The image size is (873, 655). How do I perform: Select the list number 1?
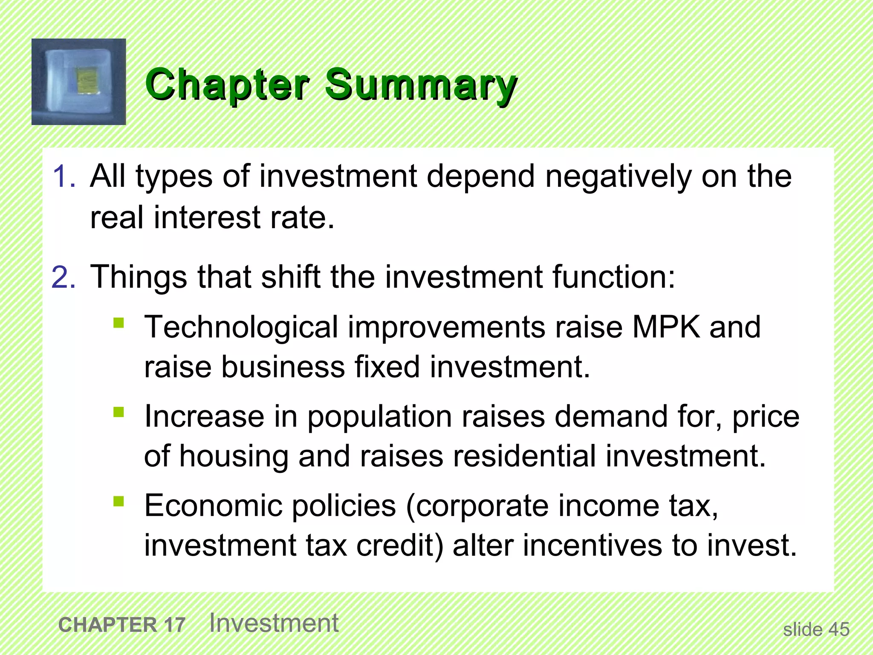click(64, 176)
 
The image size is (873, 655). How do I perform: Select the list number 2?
click(64, 277)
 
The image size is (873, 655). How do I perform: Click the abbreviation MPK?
click(666, 327)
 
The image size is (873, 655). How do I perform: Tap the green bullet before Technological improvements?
click(119, 323)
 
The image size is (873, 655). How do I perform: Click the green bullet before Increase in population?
click(119, 412)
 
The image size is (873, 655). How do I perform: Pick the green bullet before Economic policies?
click(119, 501)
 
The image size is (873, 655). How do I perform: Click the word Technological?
click(241, 327)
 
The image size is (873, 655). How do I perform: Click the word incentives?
click(593, 546)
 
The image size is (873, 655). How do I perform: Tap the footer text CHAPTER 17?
click(122, 625)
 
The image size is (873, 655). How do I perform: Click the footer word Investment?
click(274, 623)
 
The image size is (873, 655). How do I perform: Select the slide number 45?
click(838, 629)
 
